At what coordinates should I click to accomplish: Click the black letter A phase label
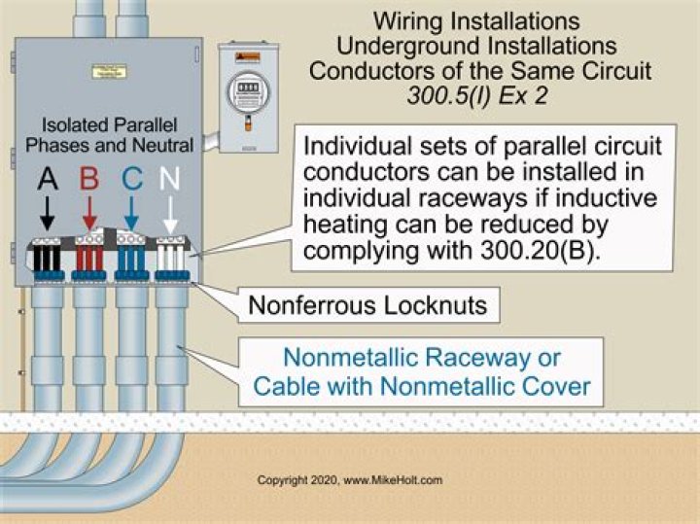pyautogui.click(x=47, y=178)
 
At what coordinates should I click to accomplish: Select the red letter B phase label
pyautogui.click(x=88, y=178)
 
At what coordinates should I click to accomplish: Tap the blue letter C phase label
pyautogui.click(x=130, y=178)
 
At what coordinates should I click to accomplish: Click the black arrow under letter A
pyautogui.click(x=47, y=212)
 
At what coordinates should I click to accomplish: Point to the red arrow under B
pyautogui.click(x=88, y=212)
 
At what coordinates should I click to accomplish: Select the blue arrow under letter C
pyautogui.click(x=130, y=212)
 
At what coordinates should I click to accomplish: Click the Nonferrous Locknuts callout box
pyautogui.click(x=368, y=305)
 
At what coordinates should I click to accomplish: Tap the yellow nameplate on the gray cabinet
pyautogui.click(x=103, y=70)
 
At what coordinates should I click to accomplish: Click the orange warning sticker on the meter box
pyautogui.click(x=242, y=56)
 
